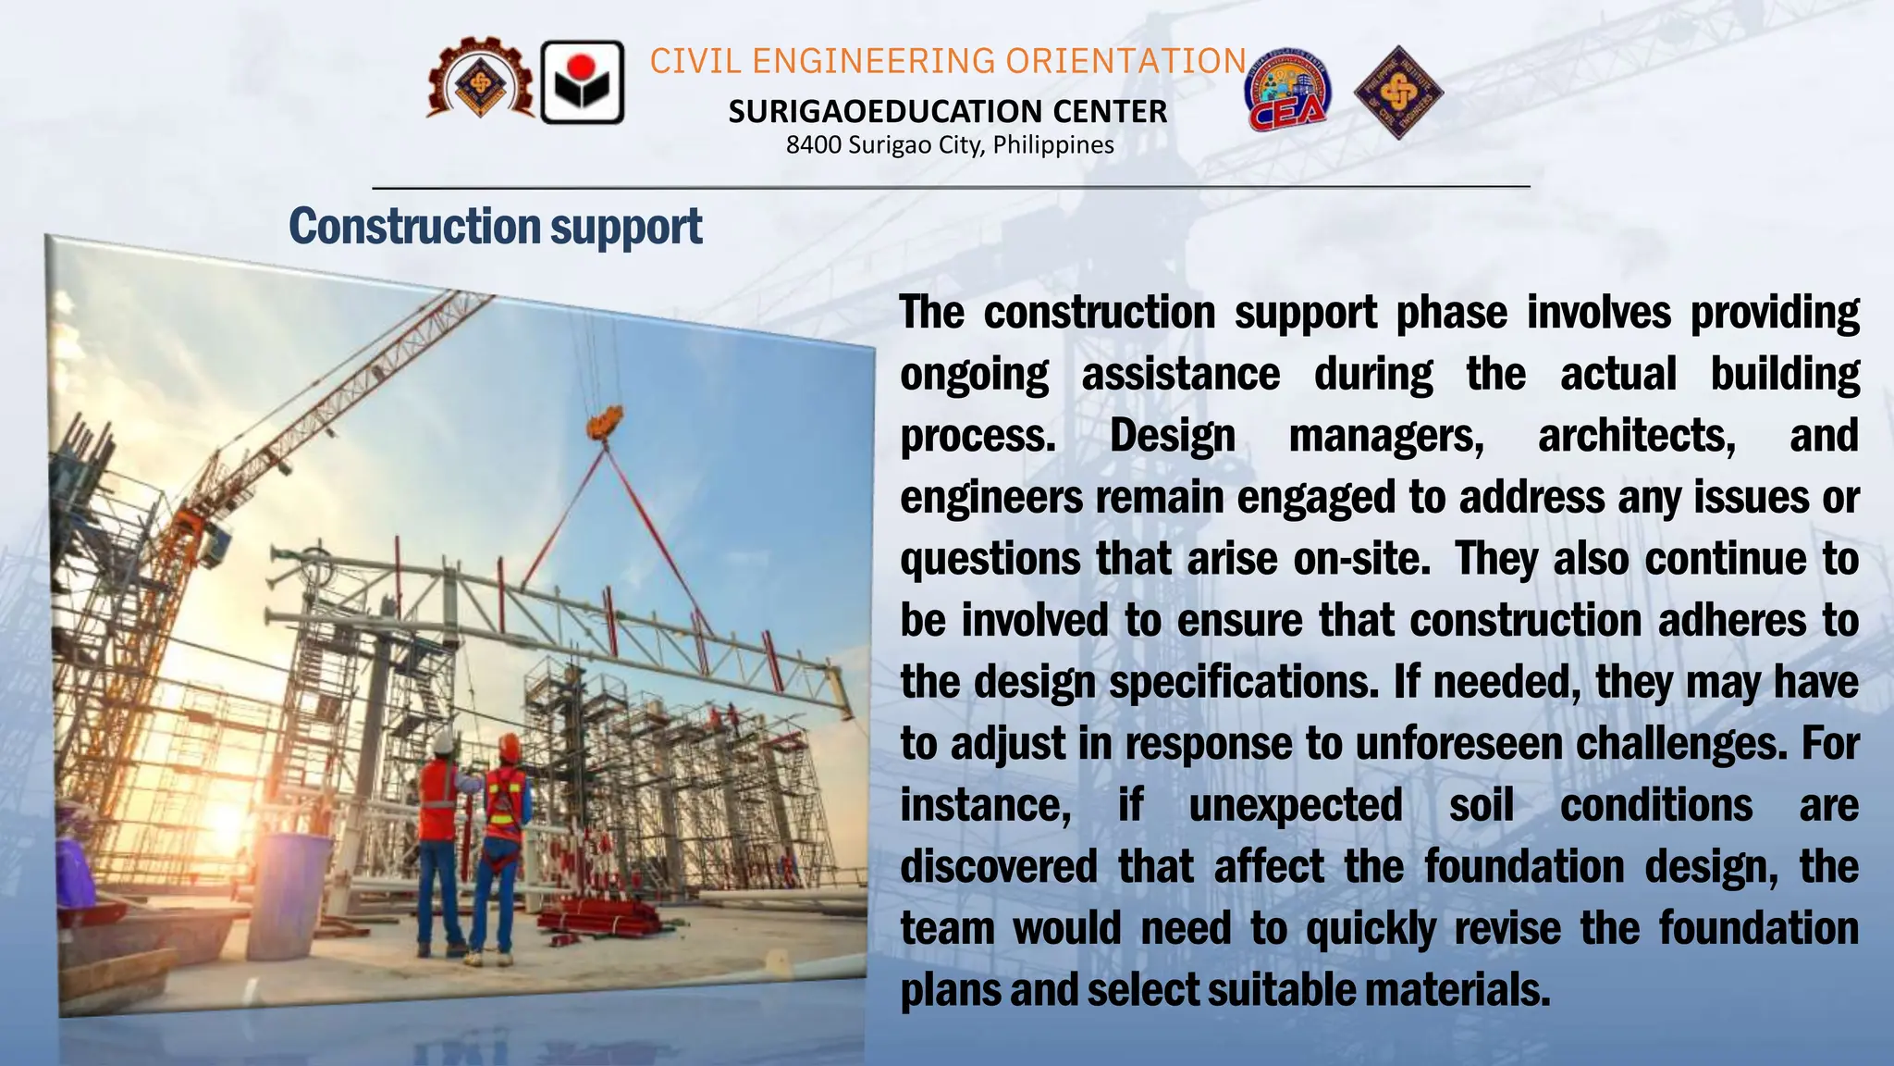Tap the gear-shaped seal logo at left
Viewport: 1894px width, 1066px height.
[x=479, y=81]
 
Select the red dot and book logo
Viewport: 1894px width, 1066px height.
[x=582, y=82]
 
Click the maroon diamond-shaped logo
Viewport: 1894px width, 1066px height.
[x=1397, y=93]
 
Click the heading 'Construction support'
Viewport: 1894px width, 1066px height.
[x=496, y=226]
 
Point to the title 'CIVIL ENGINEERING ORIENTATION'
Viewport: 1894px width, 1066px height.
[x=948, y=61]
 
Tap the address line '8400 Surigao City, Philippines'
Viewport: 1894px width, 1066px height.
[x=950, y=145]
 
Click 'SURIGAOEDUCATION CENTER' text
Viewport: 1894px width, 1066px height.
[x=947, y=112]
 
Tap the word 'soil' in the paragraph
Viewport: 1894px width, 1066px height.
[x=1481, y=805]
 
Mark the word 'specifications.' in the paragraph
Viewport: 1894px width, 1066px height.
[x=1243, y=683]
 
